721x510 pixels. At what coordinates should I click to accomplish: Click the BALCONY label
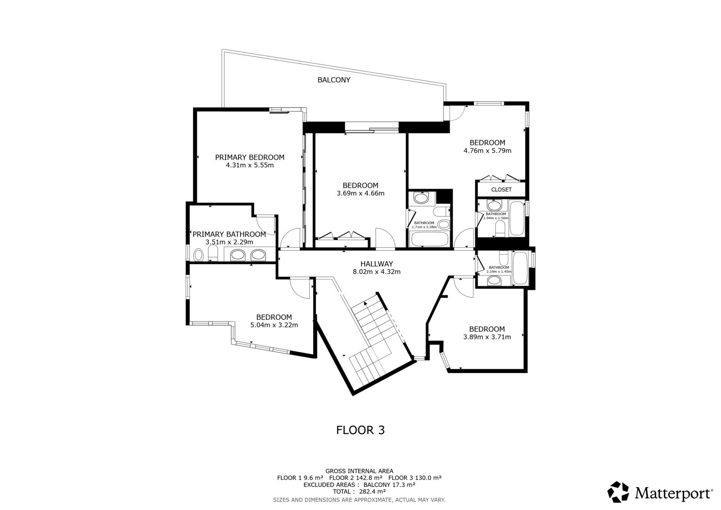[x=334, y=80]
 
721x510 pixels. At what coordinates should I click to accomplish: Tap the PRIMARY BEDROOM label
[x=250, y=157]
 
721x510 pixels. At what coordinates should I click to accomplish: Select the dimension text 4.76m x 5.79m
[x=487, y=151]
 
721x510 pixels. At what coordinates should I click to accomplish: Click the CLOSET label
[x=501, y=189]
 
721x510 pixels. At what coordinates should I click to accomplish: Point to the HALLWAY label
[x=377, y=264]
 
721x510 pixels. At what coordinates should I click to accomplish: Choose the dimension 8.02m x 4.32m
[x=377, y=271]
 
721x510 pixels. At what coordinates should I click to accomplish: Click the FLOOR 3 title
[x=360, y=430]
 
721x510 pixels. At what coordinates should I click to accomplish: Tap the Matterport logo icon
[x=618, y=492]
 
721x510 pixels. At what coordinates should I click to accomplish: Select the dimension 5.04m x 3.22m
[x=274, y=325]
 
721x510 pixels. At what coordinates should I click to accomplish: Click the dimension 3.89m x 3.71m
[x=487, y=337]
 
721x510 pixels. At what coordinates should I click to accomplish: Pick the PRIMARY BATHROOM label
[x=229, y=234]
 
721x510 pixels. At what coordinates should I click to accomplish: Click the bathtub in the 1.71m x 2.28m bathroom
[x=430, y=239]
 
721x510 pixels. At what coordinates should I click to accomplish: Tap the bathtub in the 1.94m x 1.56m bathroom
[x=517, y=218]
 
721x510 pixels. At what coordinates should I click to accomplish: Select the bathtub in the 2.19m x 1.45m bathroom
[x=520, y=268]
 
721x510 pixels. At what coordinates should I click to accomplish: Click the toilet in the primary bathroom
[x=213, y=253]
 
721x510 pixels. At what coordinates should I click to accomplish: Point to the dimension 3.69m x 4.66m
[x=360, y=193]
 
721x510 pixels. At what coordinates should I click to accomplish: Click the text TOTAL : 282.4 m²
[x=359, y=492]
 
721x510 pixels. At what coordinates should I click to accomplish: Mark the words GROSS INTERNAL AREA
[x=359, y=471]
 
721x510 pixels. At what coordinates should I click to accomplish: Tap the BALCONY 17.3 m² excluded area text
[x=389, y=485]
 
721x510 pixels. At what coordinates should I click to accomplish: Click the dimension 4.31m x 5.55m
[x=250, y=165]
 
